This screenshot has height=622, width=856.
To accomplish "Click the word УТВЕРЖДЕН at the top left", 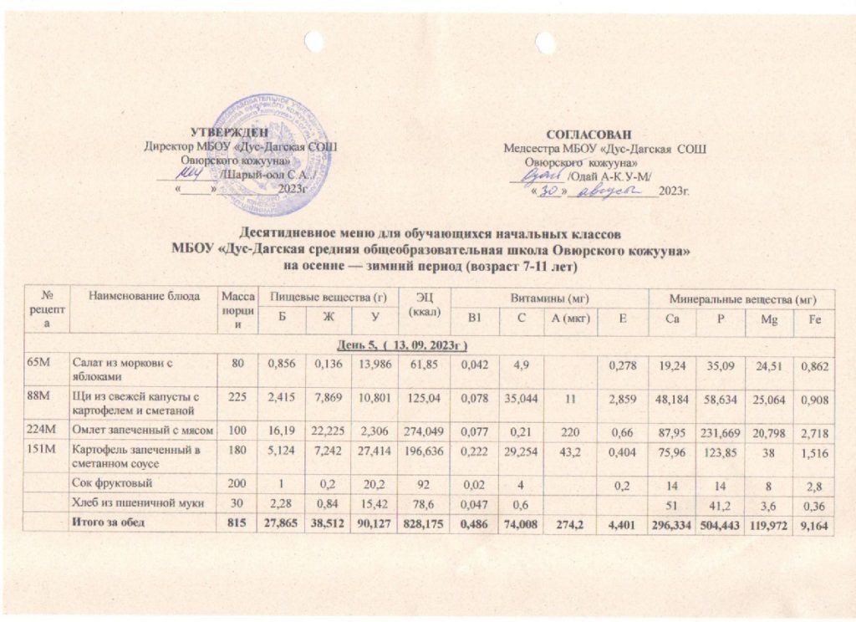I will point(230,131).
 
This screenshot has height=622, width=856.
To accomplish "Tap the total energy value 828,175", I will point(421,523).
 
